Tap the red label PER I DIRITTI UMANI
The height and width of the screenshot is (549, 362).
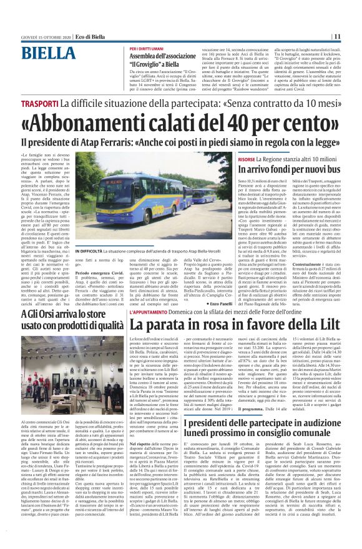click(146, 49)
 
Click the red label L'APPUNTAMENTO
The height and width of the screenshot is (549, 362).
click(150, 310)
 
